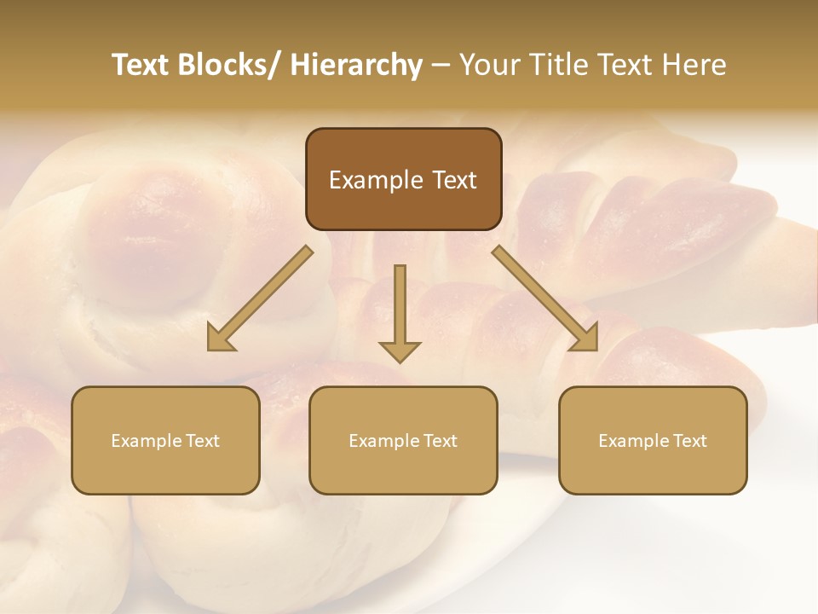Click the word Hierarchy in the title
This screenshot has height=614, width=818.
tap(356, 66)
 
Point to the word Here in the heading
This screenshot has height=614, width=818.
tap(696, 66)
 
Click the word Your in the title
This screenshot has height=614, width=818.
tap(488, 66)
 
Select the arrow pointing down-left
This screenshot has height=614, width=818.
tap(264, 294)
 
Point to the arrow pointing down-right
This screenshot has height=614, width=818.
tap(542, 294)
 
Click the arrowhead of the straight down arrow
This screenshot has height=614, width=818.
tap(400, 350)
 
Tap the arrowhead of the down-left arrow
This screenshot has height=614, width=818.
tap(220, 339)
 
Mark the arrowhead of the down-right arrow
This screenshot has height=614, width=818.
tap(585, 339)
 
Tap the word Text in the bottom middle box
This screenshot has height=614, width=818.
tap(440, 441)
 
